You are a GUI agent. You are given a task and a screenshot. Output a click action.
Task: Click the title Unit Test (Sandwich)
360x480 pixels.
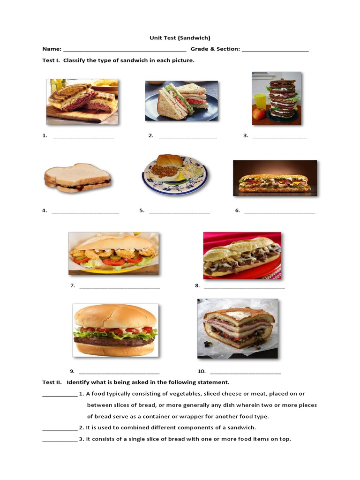180,37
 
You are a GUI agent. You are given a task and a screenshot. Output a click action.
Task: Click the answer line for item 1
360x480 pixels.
83,137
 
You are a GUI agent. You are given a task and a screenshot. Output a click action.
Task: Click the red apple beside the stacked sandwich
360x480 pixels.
259,114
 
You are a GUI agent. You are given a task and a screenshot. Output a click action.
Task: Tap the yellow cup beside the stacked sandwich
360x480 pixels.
260,101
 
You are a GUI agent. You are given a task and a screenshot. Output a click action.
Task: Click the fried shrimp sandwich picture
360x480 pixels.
113,253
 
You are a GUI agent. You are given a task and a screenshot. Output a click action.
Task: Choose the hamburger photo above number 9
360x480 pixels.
115,330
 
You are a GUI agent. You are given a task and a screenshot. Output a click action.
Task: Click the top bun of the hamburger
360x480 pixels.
115,315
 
